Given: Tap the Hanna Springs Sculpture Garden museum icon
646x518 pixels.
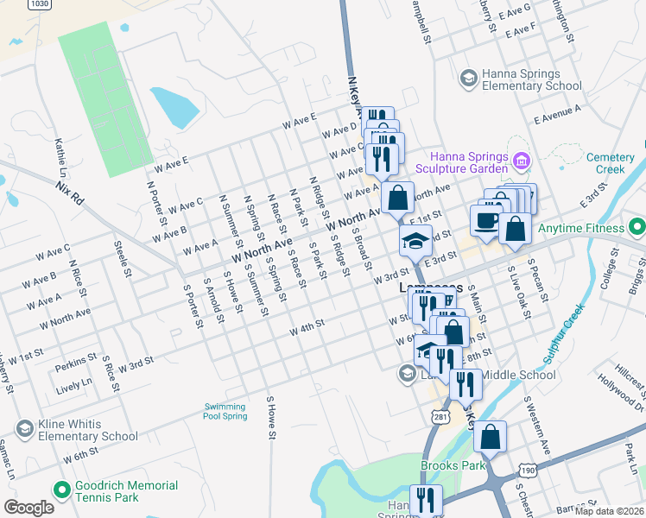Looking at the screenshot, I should (521, 161).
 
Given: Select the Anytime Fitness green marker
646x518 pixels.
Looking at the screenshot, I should (637, 228).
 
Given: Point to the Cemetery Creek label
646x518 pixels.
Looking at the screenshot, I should (616, 163).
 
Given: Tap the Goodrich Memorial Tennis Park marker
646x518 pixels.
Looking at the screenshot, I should (61, 490).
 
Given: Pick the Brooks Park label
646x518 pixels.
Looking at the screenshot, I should (449, 465).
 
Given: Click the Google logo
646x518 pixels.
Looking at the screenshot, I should (28, 508).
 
